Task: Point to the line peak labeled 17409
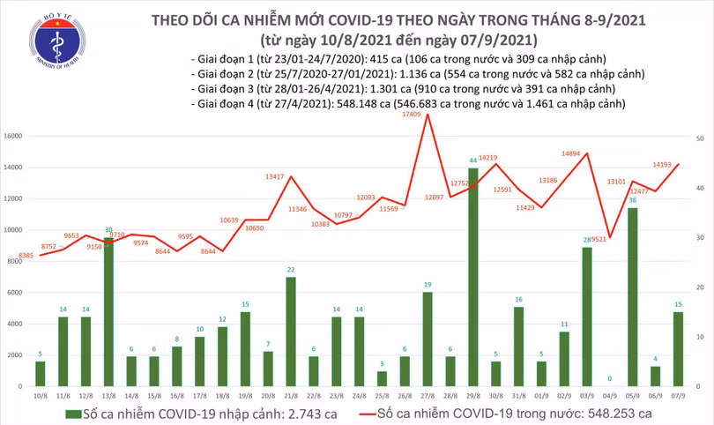pos(428,115)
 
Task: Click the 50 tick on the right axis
pos(699,139)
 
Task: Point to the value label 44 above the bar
pos(473,161)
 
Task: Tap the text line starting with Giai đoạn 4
pos(407,104)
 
